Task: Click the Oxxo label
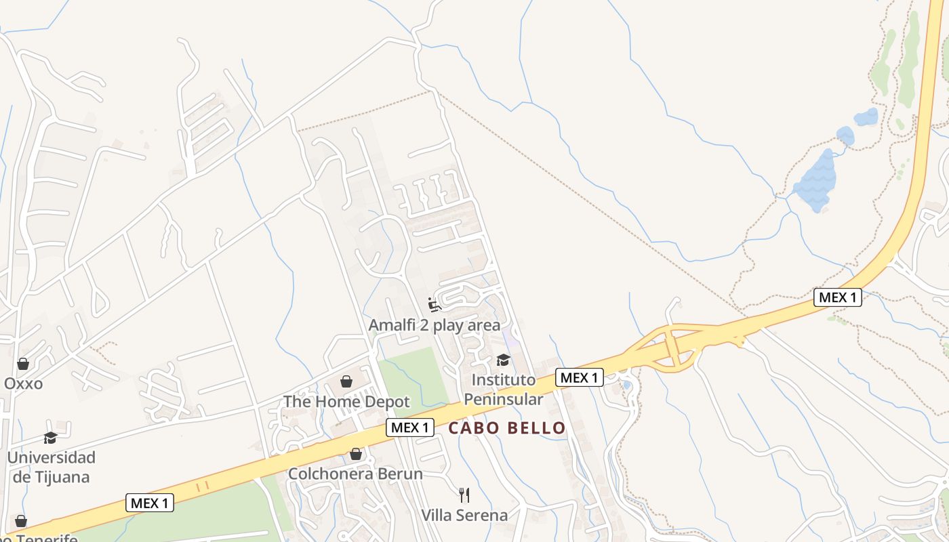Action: (x=23, y=383)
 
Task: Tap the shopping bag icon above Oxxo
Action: (x=23, y=364)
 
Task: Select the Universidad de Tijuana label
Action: (x=51, y=467)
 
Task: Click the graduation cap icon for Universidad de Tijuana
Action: (x=51, y=438)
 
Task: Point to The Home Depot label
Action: (x=346, y=402)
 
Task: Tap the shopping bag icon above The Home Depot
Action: (x=346, y=381)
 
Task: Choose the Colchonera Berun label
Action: (x=355, y=474)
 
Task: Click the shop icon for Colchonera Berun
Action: (x=355, y=454)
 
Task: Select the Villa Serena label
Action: (x=464, y=515)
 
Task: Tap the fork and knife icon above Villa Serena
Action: (x=464, y=495)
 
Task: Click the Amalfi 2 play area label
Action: (x=435, y=325)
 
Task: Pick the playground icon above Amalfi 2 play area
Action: (x=435, y=304)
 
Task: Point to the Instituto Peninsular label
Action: (x=503, y=389)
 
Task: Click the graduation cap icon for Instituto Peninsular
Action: (x=503, y=360)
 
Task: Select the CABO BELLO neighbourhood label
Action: (x=507, y=428)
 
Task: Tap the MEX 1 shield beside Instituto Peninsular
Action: (x=579, y=377)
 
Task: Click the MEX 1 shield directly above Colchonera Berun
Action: (x=410, y=428)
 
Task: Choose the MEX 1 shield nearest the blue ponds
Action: (x=837, y=297)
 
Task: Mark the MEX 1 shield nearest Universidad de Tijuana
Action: (x=150, y=503)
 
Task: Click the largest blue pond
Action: (x=816, y=180)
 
